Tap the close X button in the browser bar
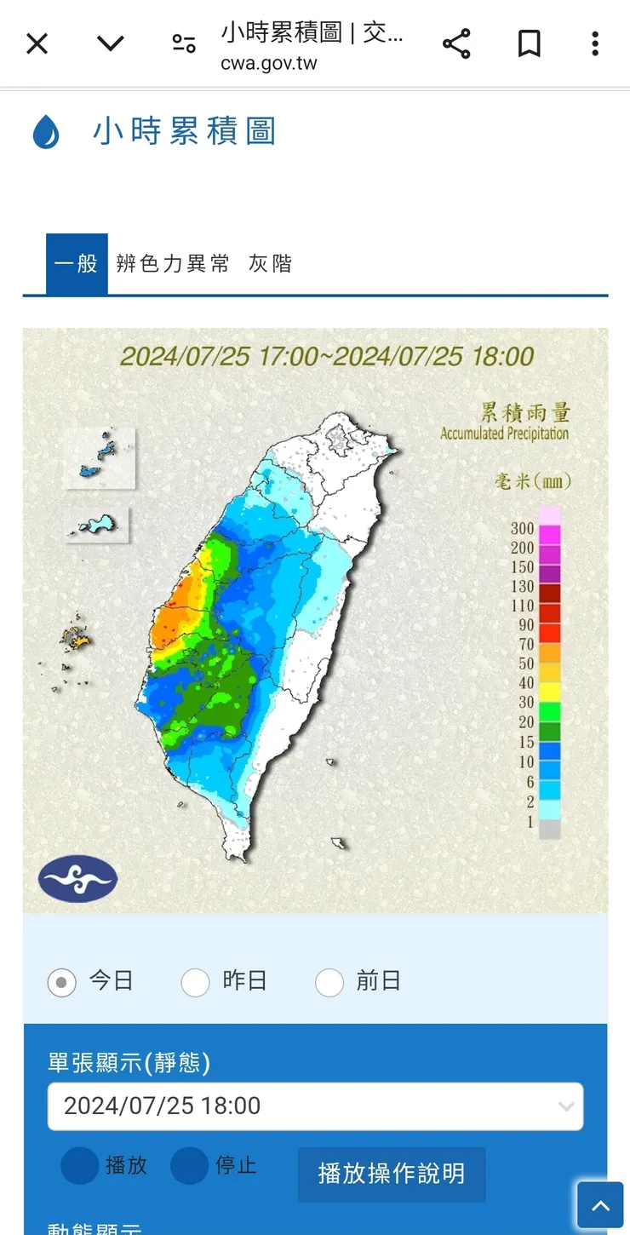click(x=37, y=43)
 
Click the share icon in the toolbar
click(x=456, y=43)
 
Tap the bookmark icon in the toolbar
click(x=529, y=43)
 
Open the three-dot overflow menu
click(x=595, y=43)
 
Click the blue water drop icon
click(x=46, y=133)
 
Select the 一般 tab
click(x=77, y=264)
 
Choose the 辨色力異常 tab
click(x=173, y=264)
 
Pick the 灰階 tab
click(x=270, y=264)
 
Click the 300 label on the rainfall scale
click(x=523, y=528)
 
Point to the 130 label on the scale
click(x=523, y=586)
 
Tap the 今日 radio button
click(x=62, y=982)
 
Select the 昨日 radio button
click(x=196, y=982)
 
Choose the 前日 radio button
click(x=329, y=982)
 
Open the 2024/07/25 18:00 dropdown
click(x=315, y=1106)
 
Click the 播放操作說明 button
click(x=392, y=1174)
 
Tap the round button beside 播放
click(x=79, y=1166)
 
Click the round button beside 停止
click(x=189, y=1166)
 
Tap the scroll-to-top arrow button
click(x=600, y=1205)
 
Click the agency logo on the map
click(x=77, y=879)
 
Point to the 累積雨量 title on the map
click(x=525, y=413)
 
